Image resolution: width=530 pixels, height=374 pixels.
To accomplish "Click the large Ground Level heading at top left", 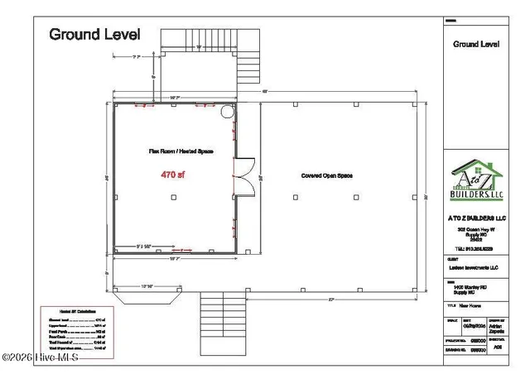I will (94, 34).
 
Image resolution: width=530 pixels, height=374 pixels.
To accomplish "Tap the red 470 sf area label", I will (172, 175).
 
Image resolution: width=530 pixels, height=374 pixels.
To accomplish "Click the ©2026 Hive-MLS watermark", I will (40, 357).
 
